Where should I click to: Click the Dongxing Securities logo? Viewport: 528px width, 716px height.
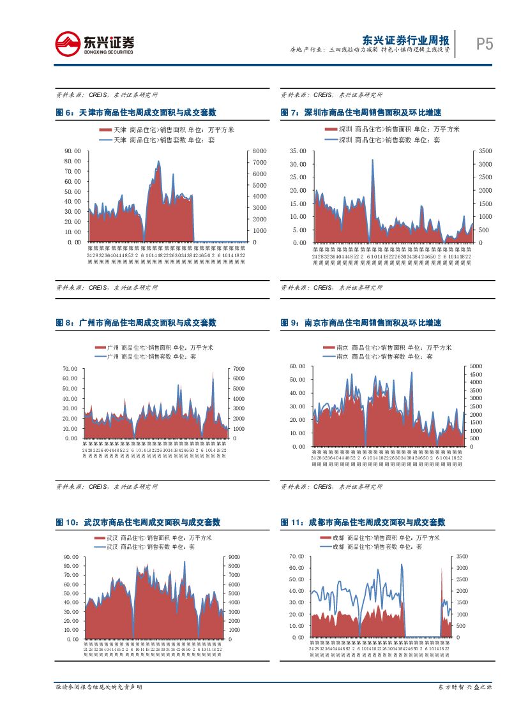[95, 43]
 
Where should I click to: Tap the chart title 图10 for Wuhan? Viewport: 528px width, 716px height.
[138, 522]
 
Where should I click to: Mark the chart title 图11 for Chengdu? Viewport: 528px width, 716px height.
[363, 522]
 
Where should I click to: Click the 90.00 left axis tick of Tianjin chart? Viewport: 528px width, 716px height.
[72, 151]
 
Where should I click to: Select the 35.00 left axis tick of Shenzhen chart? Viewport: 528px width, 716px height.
[298, 151]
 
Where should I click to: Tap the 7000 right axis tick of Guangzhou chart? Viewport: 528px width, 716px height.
[238, 369]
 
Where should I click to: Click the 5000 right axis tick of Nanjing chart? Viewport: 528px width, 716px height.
[476, 366]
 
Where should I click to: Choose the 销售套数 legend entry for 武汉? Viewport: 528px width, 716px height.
[151, 547]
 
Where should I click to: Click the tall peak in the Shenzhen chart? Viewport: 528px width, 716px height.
[372, 161]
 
